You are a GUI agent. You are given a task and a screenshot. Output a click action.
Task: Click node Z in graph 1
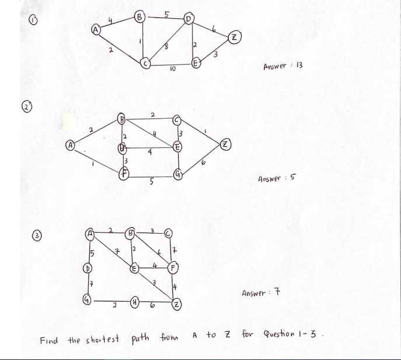click(234, 39)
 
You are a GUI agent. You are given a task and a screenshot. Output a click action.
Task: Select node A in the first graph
click(96, 28)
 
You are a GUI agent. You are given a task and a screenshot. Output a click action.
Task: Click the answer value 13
click(297, 65)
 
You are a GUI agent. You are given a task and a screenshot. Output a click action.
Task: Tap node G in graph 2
click(178, 174)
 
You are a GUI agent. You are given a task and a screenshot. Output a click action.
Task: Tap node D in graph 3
click(89, 270)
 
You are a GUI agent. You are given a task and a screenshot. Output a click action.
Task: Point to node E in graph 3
click(134, 269)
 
